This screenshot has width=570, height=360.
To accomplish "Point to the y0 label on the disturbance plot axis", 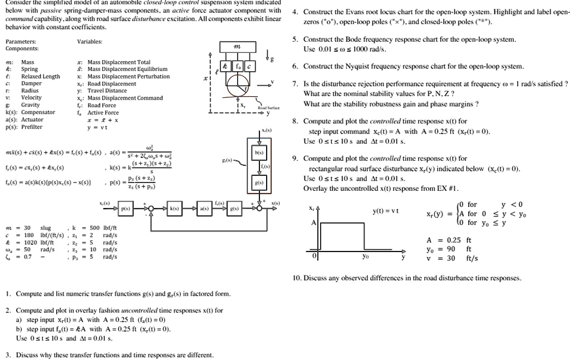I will coord(365,258).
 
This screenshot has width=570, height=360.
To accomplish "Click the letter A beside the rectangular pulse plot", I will coord(313,222).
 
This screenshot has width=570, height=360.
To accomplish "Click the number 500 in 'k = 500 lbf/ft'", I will coord(94,228).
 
